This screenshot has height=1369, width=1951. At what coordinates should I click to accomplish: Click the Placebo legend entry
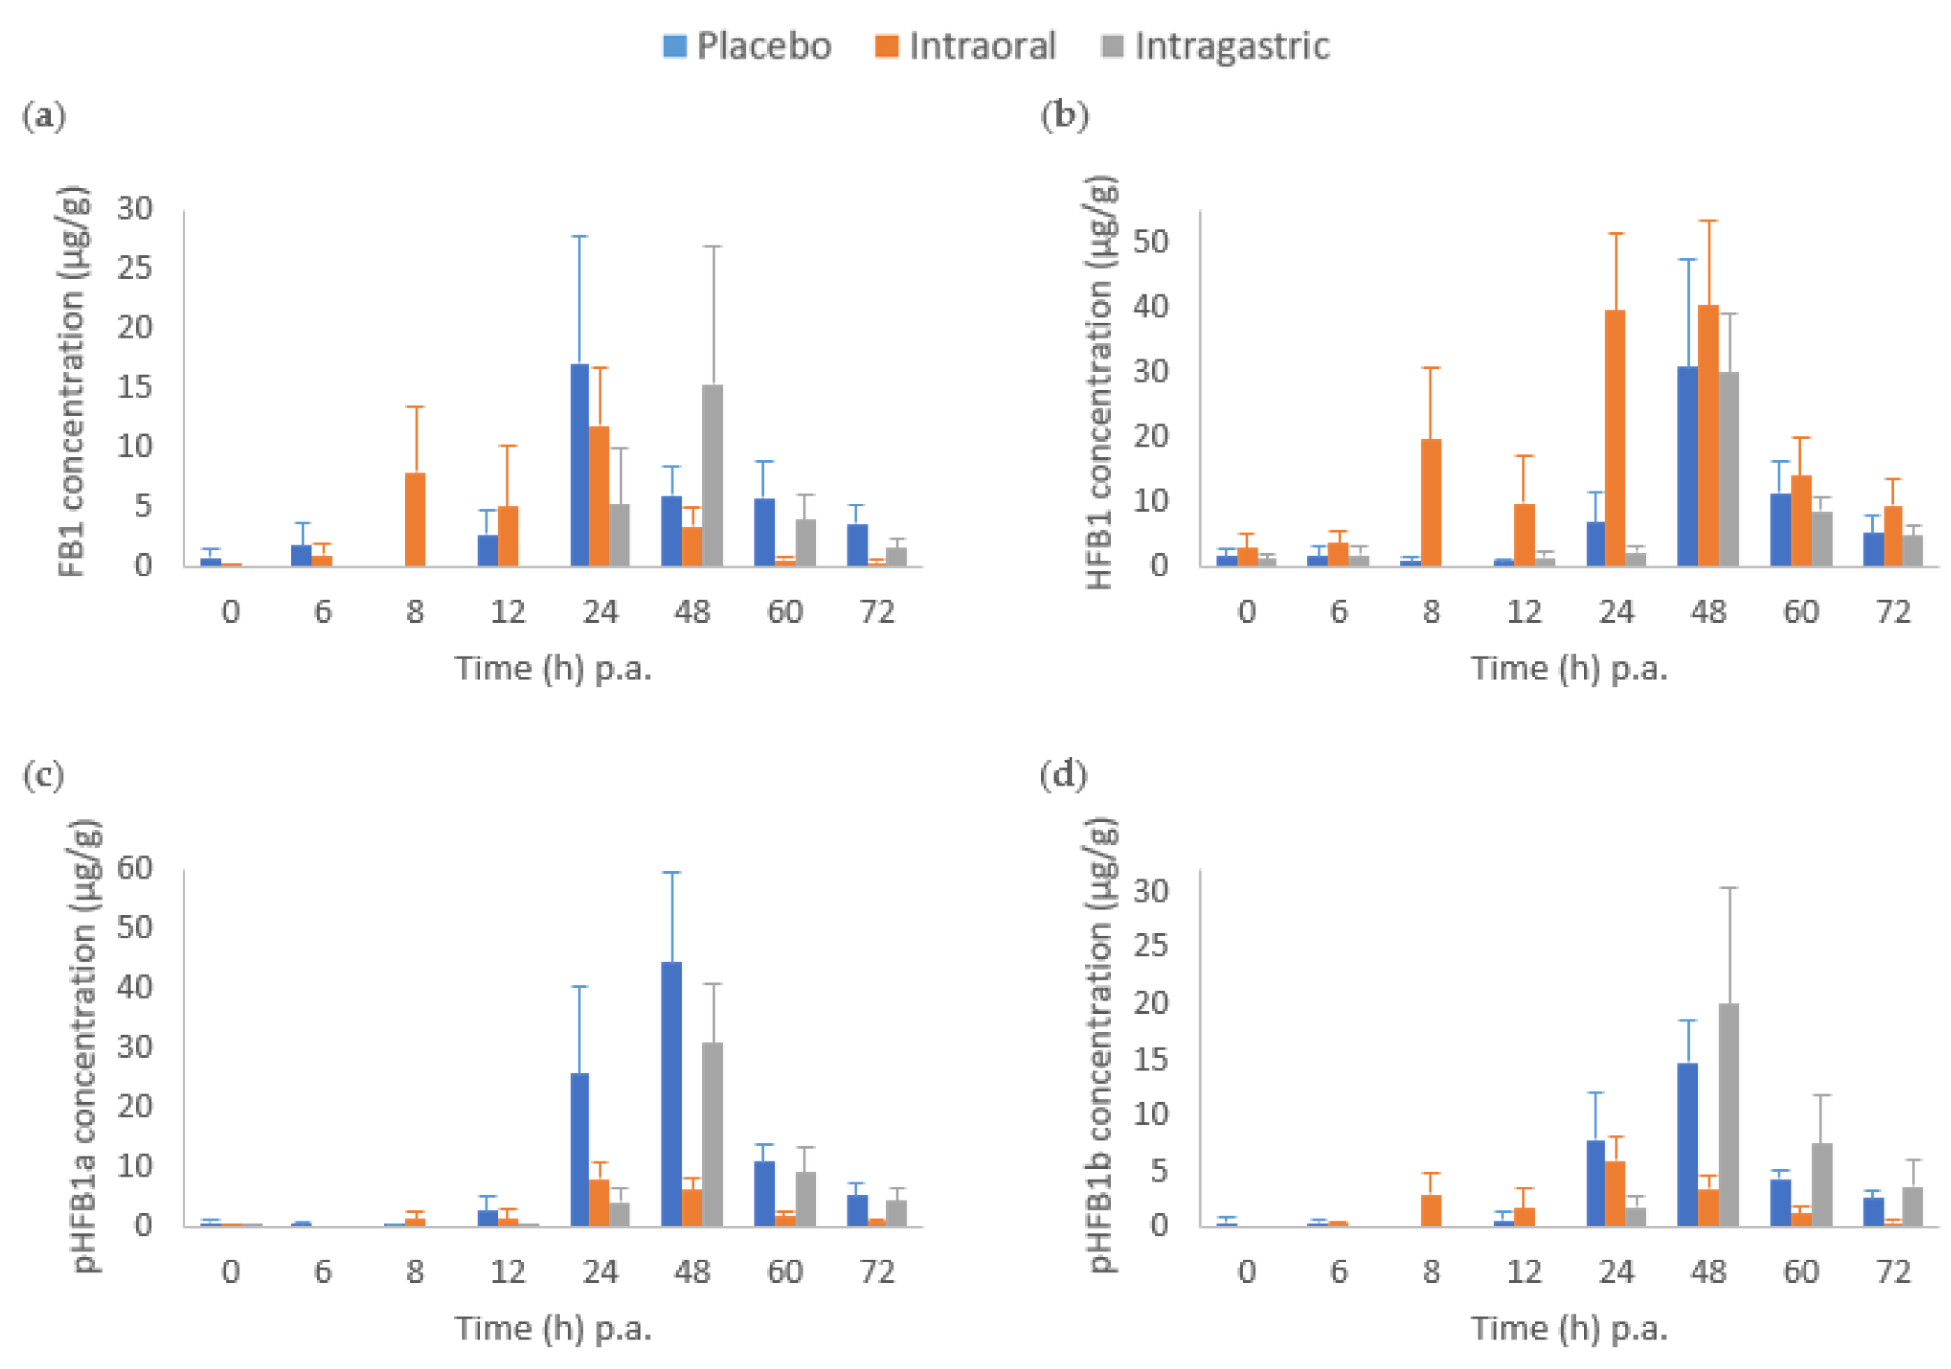(747, 46)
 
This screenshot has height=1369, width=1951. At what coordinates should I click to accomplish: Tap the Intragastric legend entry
(1215, 46)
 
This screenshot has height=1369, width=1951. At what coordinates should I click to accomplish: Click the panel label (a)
(44, 115)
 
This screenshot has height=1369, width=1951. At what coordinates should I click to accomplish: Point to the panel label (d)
(1063, 775)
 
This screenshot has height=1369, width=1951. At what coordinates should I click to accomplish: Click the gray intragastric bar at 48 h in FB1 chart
(712, 476)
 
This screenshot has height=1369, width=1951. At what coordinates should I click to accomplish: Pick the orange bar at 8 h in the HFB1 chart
(1431, 502)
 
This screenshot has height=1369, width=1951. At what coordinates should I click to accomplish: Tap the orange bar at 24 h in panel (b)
(1614, 438)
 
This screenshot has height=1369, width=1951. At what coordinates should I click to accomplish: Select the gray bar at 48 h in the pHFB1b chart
(1728, 1114)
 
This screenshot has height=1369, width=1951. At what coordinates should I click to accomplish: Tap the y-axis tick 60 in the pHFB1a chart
(134, 868)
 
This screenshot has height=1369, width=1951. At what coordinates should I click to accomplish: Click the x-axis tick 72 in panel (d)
(1893, 1272)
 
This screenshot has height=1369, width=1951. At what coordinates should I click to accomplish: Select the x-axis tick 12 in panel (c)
(507, 1272)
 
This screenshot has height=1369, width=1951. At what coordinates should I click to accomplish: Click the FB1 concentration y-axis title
(73, 382)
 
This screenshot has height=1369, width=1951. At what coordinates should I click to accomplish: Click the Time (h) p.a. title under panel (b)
(1570, 669)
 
